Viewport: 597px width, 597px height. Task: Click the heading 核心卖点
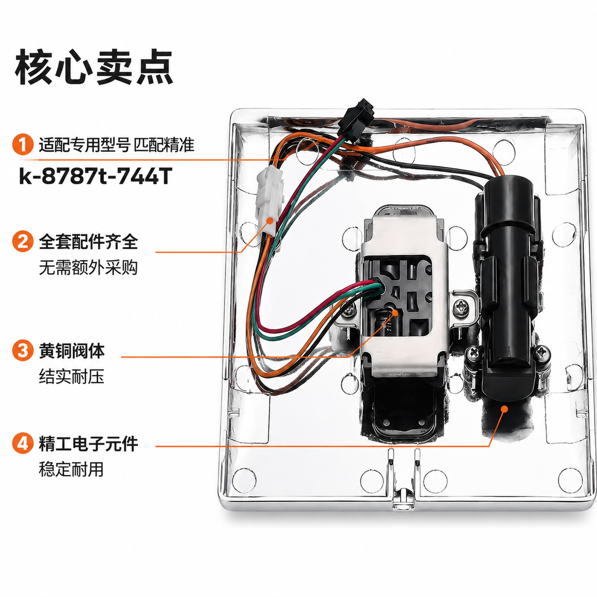94,67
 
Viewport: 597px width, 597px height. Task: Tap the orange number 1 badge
23,144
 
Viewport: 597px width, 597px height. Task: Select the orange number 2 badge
23,241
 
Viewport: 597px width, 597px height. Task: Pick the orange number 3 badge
23,350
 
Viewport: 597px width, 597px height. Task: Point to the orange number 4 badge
23,443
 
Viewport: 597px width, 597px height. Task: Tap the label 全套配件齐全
88,242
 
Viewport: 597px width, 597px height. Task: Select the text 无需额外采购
88,267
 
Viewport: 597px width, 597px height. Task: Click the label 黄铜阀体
72,351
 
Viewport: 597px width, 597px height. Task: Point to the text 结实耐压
72,377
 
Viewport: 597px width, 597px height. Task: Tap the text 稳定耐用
71,469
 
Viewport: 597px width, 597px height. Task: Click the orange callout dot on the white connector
270,221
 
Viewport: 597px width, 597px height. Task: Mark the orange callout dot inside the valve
395,312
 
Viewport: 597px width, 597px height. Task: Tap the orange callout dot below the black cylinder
504,409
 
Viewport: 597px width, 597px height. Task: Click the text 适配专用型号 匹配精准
117,145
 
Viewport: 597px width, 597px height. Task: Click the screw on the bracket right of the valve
462,308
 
